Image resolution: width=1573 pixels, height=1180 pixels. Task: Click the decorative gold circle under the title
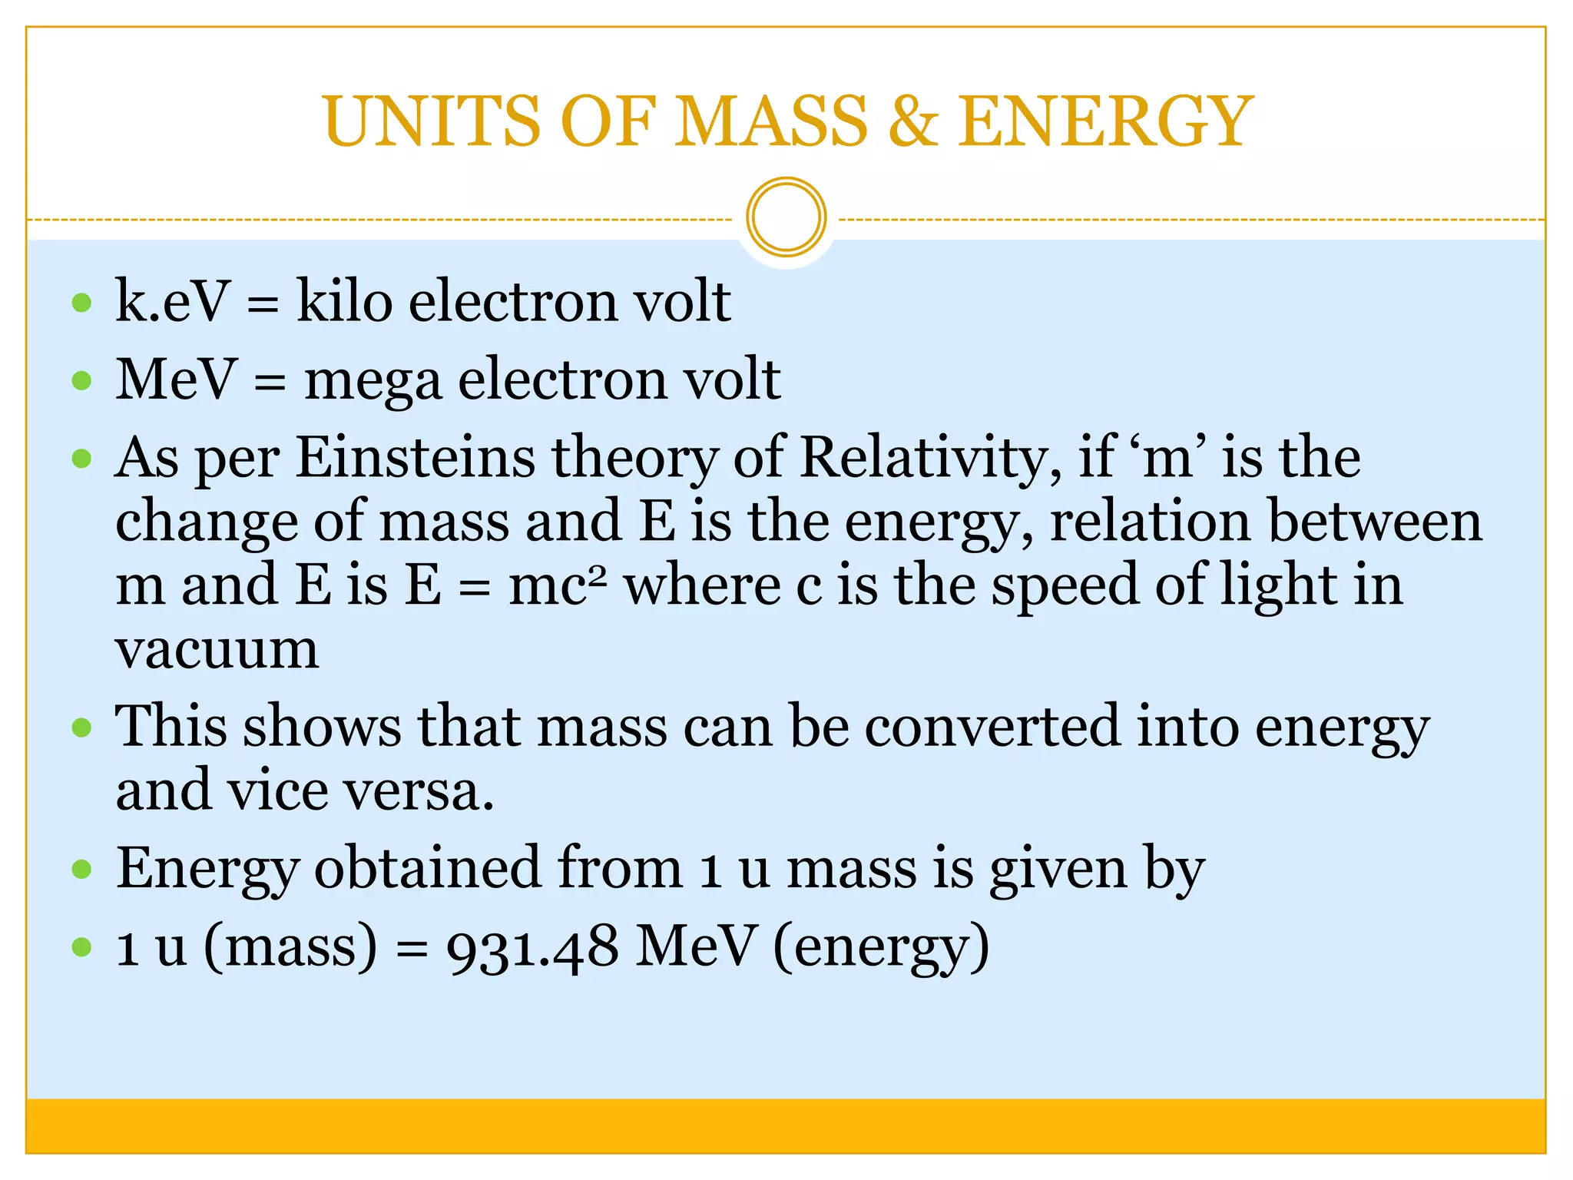(786, 217)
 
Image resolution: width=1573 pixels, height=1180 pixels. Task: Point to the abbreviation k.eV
(172, 300)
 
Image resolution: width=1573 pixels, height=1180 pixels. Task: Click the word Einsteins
(416, 457)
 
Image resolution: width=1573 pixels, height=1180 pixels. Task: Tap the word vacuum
(217, 650)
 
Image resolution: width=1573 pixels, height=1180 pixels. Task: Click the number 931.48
(532, 947)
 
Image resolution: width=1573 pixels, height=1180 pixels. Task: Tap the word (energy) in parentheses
(881, 947)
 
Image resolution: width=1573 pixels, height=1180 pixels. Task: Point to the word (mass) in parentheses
(290, 947)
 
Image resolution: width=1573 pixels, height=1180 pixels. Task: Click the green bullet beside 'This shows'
(81, 727)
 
